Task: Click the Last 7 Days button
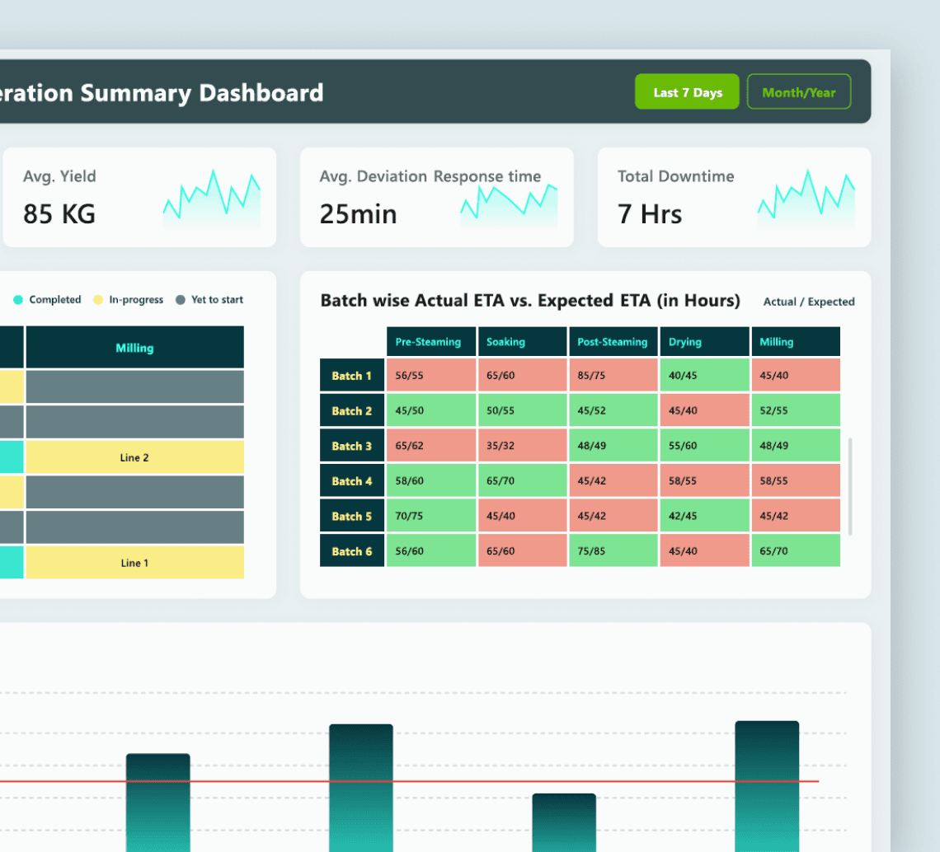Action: (x=687, y=91)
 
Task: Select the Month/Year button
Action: (x=798, y=91)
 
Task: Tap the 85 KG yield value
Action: (x=59, y=214)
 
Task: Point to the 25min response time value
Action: (x=358, y=214)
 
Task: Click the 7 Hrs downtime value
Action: (x=650, y=214)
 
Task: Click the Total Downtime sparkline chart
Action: (x=806, y=199)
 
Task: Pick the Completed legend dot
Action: (x=18, y=300)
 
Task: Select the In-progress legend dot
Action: (x=98, y=300)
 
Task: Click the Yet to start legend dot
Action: (x=181, y=300)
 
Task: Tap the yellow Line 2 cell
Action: (x=135, y=457)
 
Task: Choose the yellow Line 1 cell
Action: (x=135, y=563)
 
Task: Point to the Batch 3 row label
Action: (x=352, y=446)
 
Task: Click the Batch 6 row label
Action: (x=352, y=551)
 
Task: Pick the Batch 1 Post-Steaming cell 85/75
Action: (x=613, y=375)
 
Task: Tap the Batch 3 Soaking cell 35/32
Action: (x=522, y=445)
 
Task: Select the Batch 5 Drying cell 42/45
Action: (x=704, y=515)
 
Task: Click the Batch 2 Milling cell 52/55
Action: (x=796, y=410)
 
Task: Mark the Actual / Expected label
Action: (x=809, y=302)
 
